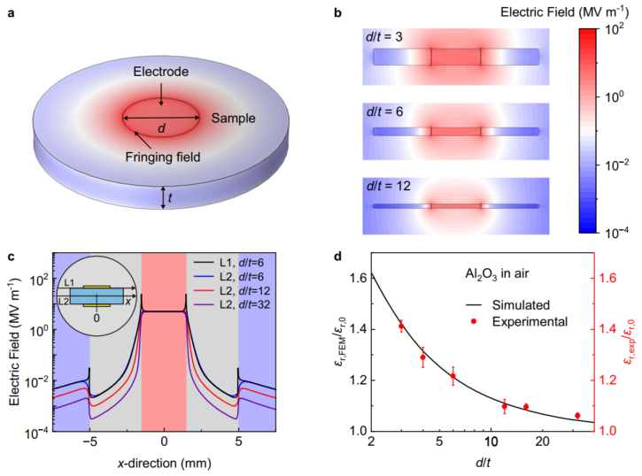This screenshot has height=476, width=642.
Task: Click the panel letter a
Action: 12,13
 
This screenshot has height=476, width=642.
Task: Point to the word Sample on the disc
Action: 233,117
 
